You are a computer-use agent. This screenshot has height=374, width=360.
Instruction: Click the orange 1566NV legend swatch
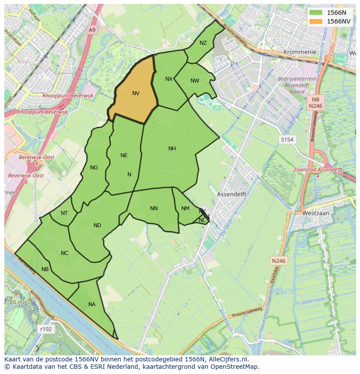tap(317, 21)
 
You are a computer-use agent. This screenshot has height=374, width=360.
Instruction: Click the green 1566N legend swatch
tap(317, 13)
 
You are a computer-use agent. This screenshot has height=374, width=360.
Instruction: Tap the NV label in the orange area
tap(136, 93)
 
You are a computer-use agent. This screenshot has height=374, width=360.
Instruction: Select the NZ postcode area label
tap(203, 43)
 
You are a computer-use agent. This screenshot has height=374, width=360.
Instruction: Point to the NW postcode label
tap(195, 81)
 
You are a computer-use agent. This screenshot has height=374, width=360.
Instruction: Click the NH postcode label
tap(172, 149)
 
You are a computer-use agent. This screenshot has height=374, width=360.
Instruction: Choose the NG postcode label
tap(93, 168)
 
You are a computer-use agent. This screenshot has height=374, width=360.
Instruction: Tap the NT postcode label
tap(64, 213)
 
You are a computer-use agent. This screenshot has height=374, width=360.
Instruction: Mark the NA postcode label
tap(92, 304)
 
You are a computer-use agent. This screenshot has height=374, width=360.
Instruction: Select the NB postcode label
tap(45, 269)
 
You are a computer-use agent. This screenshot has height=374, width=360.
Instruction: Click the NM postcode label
tap(185, 209)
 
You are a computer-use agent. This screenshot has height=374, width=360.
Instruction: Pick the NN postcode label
tap(153, 209)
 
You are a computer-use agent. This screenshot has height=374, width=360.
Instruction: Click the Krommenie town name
tap(300, 52)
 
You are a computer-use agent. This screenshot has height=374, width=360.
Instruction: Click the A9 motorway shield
tap(91, 30)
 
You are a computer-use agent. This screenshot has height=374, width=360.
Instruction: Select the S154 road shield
tap(287, 139)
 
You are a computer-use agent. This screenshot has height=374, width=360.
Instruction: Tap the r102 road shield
tap(46, 329)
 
